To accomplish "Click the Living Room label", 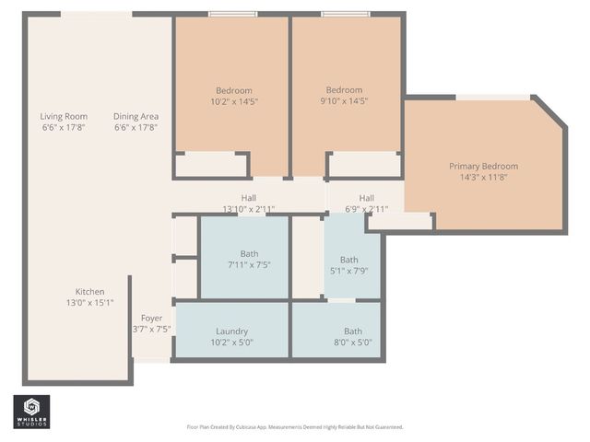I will pos(64,116).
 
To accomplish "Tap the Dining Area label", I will pos(136,116).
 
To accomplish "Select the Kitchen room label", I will pos(89,291).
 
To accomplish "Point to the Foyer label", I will pos(151,318).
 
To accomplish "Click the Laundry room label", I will pos(232,331).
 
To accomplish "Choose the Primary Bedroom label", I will pos(483,166).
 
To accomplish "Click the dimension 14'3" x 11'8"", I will pos(483,177).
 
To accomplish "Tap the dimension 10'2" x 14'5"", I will pos(233,101).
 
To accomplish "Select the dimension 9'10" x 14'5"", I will pos(346,101).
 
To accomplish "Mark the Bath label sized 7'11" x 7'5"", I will pos(249,253).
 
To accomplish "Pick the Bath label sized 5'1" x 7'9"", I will pos(348,260).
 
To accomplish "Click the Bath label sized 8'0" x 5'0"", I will pos(353,331).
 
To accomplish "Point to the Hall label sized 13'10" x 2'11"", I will pos(249,198).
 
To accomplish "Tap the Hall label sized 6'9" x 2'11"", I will pos(366,198).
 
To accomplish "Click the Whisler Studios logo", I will pos(31,412).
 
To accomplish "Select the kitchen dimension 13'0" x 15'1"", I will pos(89,302).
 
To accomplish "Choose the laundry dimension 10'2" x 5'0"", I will pos(232,343).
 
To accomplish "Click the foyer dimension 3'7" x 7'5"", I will pos(151,329).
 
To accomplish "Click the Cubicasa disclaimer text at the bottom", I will pos(294,427).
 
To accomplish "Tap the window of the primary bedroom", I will pos(493,97).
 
